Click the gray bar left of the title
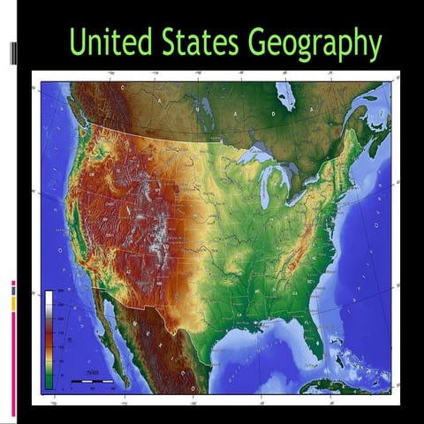point(13,54)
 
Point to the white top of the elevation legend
point(49,298)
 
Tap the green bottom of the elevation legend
point(49,382)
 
